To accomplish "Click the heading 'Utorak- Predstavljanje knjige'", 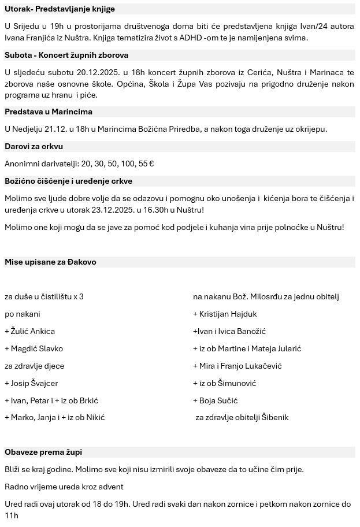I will (60, 9).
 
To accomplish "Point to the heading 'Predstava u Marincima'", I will (49, 112).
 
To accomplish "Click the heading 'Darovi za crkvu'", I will (34, 146).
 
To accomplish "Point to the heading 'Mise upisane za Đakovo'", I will (50, 262).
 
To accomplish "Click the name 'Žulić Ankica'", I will (32, 331).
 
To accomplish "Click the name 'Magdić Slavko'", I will (36, 348).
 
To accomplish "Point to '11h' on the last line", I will (12, 515).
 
